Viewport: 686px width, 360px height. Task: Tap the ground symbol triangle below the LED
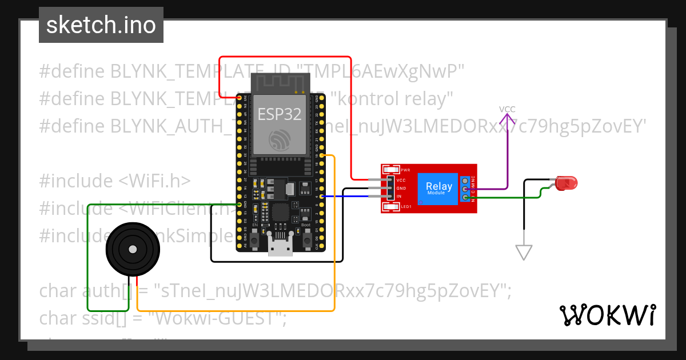point(524,252)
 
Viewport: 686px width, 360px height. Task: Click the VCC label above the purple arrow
point(507,109)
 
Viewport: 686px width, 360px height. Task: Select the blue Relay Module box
point(438,189)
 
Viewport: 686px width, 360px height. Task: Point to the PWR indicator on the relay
point(392,170)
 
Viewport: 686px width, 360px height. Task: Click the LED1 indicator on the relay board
point(392,206)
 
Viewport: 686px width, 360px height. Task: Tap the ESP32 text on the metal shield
point(279,114)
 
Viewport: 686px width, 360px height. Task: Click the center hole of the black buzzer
point(132,250)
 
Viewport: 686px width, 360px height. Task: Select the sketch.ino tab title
point(101,25)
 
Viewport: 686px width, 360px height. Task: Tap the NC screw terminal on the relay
point(466,181)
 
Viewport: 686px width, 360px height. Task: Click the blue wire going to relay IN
point(349,197)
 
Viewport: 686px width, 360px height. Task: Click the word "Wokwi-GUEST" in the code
point(218,318)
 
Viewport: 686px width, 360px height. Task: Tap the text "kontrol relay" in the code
point(392,99)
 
